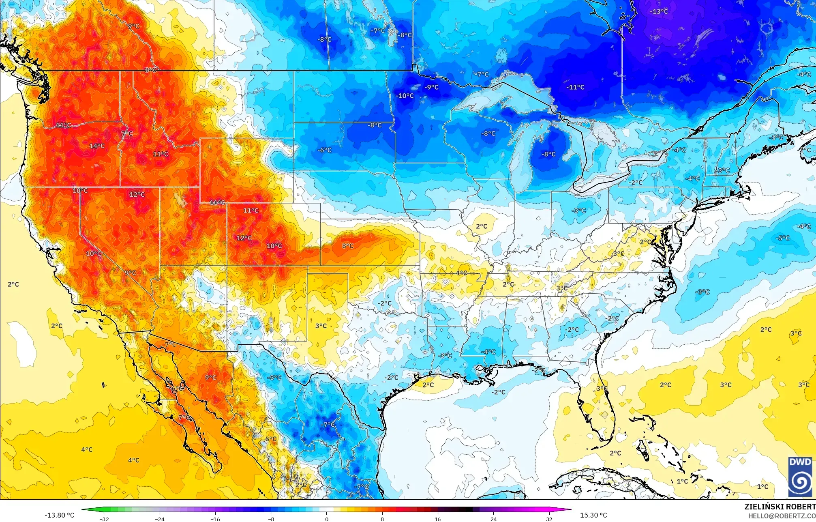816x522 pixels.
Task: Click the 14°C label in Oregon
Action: (97, 146)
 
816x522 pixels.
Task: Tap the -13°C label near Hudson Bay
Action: (659, 11)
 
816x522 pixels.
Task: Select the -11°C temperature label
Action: (575, 87)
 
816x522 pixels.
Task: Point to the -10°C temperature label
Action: (405, 96)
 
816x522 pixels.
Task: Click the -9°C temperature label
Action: (432, 87)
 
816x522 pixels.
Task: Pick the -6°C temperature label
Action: (324, 150)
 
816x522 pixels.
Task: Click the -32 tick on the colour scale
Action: (104, 519)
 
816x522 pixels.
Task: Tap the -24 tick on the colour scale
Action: (160, 519)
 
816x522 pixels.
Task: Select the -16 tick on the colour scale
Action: (215, 519)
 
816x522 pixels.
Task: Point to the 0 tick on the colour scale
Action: (327, 519)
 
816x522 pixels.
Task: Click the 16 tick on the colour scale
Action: (437, 519)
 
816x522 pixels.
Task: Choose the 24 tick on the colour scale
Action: (493, 519)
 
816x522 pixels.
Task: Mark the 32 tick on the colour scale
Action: (549, 519)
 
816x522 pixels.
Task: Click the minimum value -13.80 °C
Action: (59, 515)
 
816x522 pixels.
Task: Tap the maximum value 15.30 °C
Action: (593, 515)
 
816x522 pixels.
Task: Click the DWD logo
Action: (800, 477)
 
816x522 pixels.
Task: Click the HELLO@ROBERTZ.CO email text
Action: (782, 516)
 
